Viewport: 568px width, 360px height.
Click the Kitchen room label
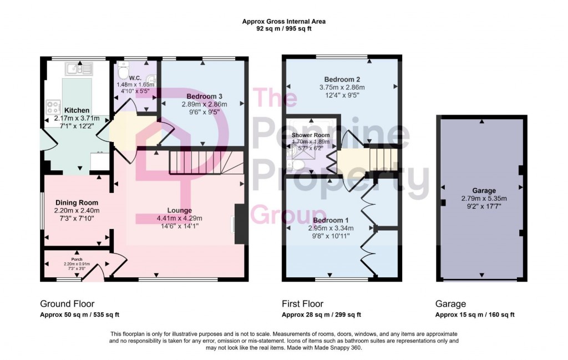[x=77, y=110]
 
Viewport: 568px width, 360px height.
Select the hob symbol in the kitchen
[x=53, y=105]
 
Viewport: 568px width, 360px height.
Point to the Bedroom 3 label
[x=200, y=97]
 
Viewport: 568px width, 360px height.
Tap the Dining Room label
[x=77, y=202]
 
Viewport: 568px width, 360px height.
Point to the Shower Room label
[x=311, y=135]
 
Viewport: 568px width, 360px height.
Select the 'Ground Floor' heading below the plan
[x=67, y=304]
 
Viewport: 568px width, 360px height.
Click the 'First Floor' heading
[x=302, y=304]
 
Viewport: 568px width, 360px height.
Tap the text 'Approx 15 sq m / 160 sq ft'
[x=475, y=315]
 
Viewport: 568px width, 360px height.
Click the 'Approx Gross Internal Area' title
[x=283, y=22]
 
